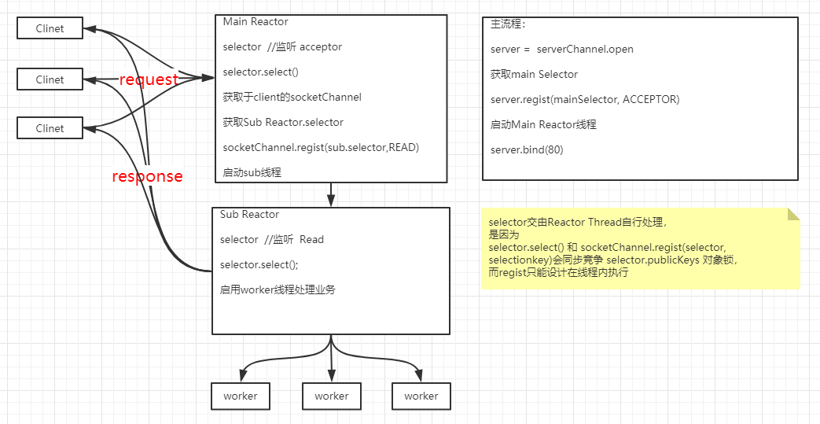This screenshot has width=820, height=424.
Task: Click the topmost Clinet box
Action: click(x=50, y=28)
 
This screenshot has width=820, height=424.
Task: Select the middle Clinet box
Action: click(x=50, y=79)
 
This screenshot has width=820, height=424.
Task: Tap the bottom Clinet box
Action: click(x=50, y=128)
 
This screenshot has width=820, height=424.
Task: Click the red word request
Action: click(x=149, y=79)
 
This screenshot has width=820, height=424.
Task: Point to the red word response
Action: click(x=147, y=176)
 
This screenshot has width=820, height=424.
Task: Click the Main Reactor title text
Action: click(x=256, y=22)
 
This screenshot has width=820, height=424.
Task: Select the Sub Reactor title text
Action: click(x=249, y=214)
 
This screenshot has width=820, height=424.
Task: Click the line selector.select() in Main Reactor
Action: click(x=260, y=72)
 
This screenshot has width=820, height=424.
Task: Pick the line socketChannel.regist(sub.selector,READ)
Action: click(x=321, y=147)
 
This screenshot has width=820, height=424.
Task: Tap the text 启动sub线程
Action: click(x=252, y=172)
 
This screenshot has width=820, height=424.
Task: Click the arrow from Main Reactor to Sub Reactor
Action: click(x=332, y=194)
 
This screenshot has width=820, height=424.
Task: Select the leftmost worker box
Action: click(x=241, y=396)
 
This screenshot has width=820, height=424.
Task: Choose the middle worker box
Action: click(x=331, y=396)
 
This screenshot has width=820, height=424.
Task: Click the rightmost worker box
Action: click(x=421, y=396)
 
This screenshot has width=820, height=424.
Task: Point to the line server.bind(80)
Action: click(x=527, y=149)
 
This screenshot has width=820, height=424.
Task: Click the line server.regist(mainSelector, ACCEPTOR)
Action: click(x=584, y=99)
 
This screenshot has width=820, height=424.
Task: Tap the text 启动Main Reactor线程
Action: click(x=543, y=124)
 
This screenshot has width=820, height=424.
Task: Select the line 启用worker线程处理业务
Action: click(x=278, y=289)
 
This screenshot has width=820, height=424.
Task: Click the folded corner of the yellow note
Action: click(x=793, y=213)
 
